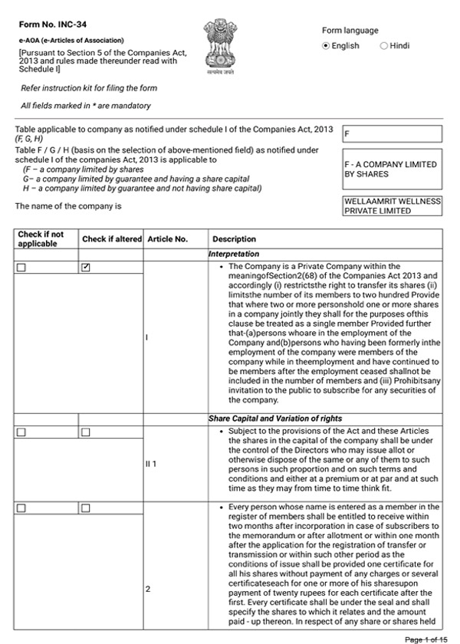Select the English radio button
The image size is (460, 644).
pyautogui.click(x=326, y=46)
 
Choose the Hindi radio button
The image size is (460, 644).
pyautogui.click(x=384, y=46)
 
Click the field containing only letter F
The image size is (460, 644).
pyautogui.click(x=393, y=134)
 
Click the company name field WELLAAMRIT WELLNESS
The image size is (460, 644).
pyautogui.click(x=393, y=205)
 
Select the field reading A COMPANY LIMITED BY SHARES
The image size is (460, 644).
pyautogui.click(x=393, y=169)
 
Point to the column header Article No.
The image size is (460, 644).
pyautogui.click(x=167, y=239)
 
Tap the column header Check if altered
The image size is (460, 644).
pyautogui.click(x=112, y=239)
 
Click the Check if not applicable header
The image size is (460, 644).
pyautogui.click(x=41, y=239)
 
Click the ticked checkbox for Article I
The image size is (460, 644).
pyautogui.click(x=86, y=268)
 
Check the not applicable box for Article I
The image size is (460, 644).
pyautogui.click(x=21, y=268)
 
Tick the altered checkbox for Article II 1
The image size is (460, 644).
pyautogui.click(x=86, y=433)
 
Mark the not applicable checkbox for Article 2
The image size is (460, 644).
pyautogui.click(x=21, y=508)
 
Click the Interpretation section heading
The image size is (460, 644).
pyautogui.click(x=234, y=254)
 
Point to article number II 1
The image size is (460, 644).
pyautogui.click(x=152, y=464)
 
